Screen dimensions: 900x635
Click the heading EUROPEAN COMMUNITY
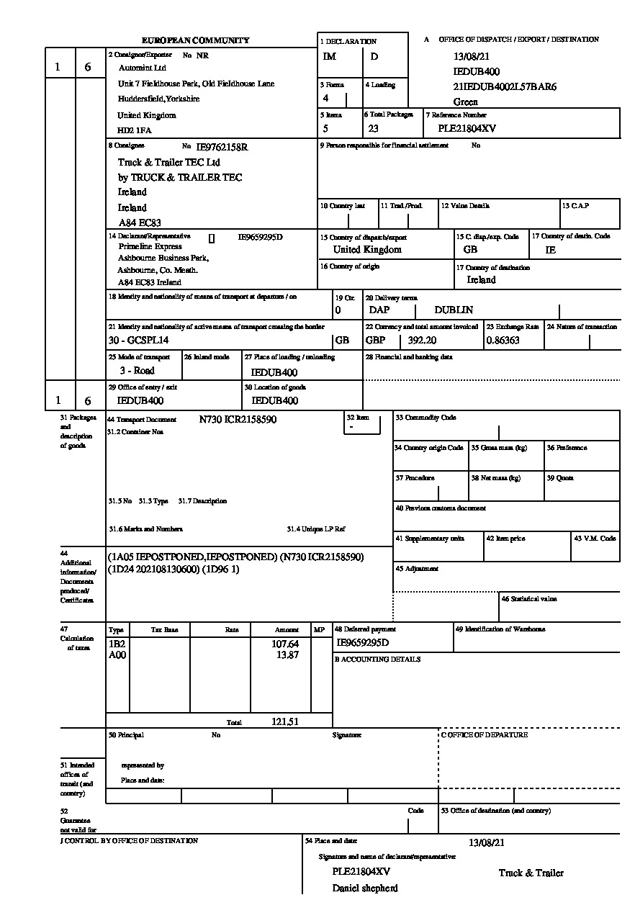(195, 41)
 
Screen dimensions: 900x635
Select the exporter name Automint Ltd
(143, 68)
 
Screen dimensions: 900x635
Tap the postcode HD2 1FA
(135, 131)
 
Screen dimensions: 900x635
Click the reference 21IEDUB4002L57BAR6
(505, 87)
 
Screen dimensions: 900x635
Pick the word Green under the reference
(465, 102)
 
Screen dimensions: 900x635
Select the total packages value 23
(373, 129)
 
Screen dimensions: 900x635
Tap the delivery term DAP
(379, 310)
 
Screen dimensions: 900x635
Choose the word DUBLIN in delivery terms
(454, 310)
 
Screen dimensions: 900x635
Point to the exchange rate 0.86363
(503, 341)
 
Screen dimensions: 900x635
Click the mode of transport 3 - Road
(137, 371)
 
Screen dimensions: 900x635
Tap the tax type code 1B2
(116, 644)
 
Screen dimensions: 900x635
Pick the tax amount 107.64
(285, 644)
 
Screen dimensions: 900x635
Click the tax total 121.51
(285, 721)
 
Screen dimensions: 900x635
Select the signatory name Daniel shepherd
(364, 888)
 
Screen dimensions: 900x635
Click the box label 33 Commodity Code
(425, 418)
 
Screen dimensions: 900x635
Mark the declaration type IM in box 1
(330, 57)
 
